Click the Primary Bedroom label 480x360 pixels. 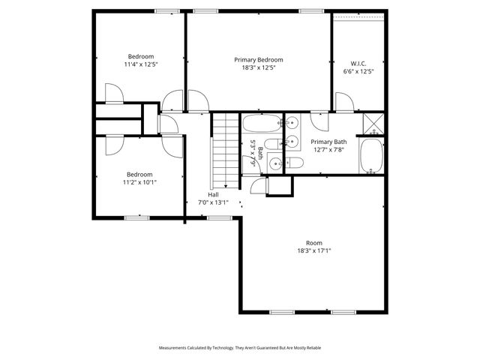click(258, 60)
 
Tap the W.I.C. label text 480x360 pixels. click(358, 64)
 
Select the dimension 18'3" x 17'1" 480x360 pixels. click(314, 250)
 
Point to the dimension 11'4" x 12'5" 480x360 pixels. click(140, 64)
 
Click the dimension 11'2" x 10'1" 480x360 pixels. click(139, 182)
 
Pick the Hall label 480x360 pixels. click(214, 194)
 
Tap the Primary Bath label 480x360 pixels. click(328, 142)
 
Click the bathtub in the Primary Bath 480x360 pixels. click(372, 156)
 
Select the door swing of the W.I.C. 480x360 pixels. click(343, 103)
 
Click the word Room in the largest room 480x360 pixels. click(314, 242)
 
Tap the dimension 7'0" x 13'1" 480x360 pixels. click(212, 202)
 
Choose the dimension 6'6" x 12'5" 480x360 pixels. click(358, 72)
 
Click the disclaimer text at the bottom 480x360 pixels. click(240, 348)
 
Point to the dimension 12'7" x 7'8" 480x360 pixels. click(328, 150)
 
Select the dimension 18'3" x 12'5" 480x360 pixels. click(258, 68)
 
